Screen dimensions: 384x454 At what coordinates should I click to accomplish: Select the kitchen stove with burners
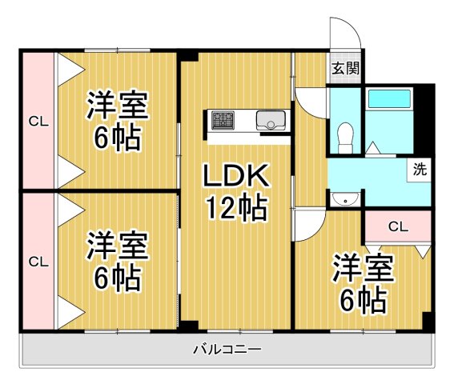coord(223,120)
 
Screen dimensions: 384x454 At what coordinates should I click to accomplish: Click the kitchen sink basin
coord(270,120)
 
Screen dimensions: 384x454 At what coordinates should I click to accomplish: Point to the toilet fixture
coord(346,134)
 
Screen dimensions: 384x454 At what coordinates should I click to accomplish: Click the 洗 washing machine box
coord(419,169)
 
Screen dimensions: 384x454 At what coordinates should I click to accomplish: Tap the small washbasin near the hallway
coord(346,198)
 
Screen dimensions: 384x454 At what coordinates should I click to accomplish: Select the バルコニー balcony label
coord(227,350)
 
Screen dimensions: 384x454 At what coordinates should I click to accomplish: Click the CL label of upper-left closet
coord(37,122)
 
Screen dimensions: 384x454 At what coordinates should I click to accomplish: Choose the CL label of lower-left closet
coord(37,262)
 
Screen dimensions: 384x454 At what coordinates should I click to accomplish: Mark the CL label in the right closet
coord(398,226)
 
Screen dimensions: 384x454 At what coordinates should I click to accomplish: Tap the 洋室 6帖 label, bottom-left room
coord(115,260)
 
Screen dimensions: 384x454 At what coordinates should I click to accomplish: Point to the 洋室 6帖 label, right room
coord(364,284)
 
